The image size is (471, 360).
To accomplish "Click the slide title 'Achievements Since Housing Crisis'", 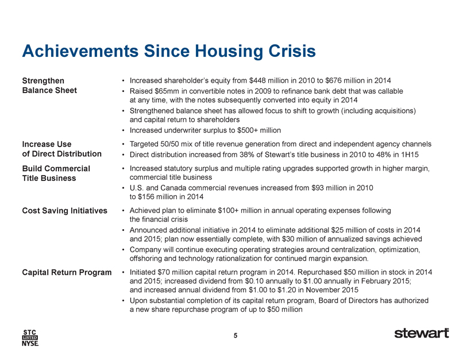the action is coord(169,51).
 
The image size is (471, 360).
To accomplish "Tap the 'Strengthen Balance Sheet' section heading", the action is coord(49,86).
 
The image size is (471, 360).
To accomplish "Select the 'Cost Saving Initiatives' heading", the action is coord(64,211).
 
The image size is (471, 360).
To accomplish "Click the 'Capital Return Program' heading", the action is coord(67,272).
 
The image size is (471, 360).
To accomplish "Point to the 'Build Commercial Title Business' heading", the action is coord(56,173).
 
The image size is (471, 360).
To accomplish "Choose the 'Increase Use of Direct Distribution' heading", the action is coord(62,149).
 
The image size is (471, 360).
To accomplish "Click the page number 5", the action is coord(235,335).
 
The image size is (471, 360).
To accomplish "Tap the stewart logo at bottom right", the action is coord(422,333).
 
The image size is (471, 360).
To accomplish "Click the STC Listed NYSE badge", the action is coord(30,338).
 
